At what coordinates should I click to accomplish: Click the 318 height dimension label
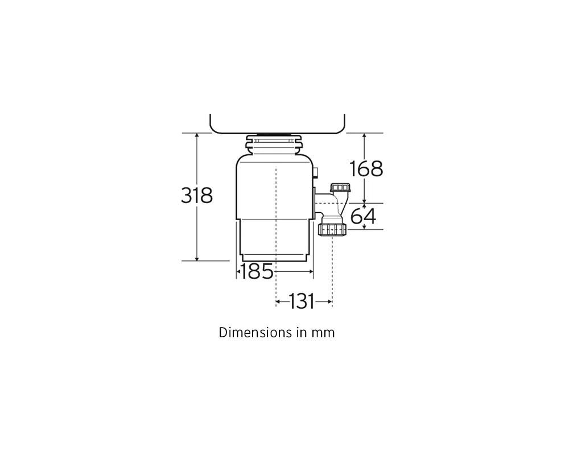[x=197, y=195]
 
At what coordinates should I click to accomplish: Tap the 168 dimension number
[x=366, y=169]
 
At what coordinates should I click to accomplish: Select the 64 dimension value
[x=363, y=216]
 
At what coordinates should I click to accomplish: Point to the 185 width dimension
[x=257, y=271]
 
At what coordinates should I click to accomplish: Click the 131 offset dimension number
[x=302, y=301]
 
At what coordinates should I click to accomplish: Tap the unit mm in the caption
[x=323, y=333]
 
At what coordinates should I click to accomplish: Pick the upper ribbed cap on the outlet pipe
[x=340, y=188]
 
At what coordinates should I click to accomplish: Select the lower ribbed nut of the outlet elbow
[x=332, y=230]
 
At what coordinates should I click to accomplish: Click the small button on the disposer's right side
[x=316, y=172]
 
